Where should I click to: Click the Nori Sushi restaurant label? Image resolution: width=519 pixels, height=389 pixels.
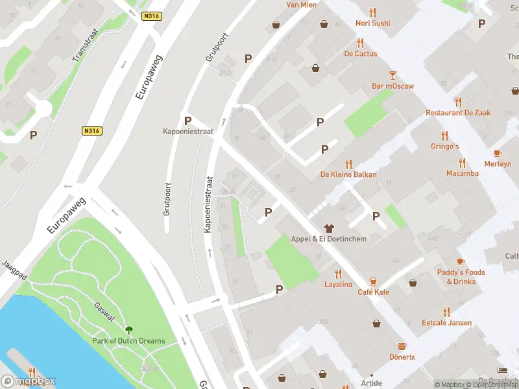[372, 23]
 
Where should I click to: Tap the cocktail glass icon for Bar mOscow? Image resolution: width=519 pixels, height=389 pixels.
[392, 75]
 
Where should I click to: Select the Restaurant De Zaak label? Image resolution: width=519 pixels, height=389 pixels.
[458, 113]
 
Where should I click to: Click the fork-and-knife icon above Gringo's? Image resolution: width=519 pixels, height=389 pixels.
[444, 136]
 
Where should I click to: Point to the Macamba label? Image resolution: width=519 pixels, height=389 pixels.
[462, 173]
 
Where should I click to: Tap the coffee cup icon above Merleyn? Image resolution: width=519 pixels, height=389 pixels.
[498, 154]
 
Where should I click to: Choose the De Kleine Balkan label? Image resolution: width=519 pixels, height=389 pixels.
[348, 174]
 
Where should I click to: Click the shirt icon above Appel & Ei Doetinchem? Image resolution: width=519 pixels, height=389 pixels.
[328, 228]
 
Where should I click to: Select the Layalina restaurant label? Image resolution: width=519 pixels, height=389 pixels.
[338, 285]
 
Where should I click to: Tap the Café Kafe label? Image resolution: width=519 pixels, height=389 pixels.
[373, 292]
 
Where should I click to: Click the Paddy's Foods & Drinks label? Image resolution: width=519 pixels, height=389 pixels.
[461, 277]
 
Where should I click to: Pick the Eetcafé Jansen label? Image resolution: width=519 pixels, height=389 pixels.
[446, 322]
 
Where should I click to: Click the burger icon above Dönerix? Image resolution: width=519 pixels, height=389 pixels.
[402, 346]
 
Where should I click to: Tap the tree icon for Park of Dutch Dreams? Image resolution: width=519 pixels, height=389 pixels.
[128, 330]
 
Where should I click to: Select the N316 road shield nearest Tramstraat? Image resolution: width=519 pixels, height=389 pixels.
[153, 16]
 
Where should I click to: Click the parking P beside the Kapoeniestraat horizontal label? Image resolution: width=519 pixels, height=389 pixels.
[187, 121]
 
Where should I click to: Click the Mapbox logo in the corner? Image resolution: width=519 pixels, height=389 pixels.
[29, 381]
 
